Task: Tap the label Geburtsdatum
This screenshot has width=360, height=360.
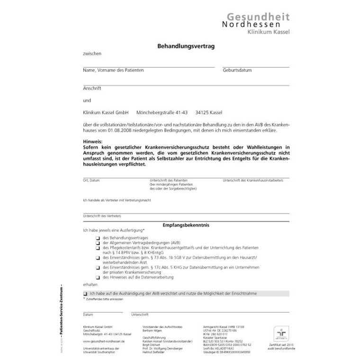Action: tap(237, 70)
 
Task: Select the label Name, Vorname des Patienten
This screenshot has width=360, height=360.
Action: tap(113, 70)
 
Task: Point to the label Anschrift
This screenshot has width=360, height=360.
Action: tap(92, 88)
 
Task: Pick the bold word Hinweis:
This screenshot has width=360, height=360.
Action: tap(92, 142)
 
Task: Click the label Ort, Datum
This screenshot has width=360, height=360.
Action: tap(91, 180)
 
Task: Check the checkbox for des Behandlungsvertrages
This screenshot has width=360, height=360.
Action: tap(97, 237)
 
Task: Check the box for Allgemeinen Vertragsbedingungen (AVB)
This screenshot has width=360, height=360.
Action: tap(97, 242)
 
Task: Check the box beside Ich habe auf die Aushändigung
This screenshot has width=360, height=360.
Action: tap(85, 294)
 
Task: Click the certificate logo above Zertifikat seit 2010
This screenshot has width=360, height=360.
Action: tap(281, 333)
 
